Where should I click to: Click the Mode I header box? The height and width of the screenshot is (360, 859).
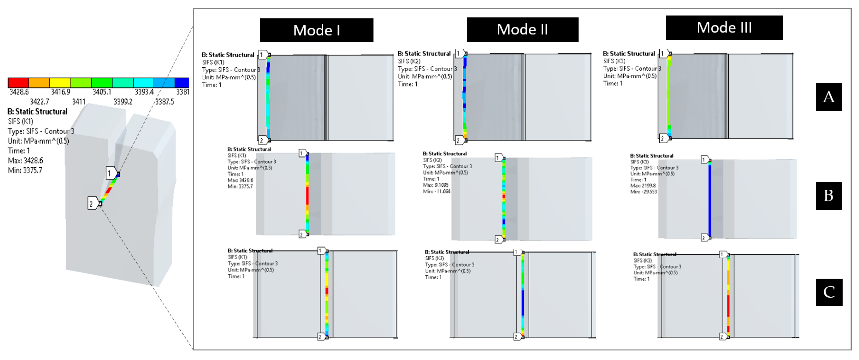316,30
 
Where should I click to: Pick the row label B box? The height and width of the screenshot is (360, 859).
828,196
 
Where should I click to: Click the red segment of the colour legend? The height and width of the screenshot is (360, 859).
18,82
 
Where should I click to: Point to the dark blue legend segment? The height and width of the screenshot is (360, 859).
182,82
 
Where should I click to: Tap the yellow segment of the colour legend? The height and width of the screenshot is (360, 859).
60,82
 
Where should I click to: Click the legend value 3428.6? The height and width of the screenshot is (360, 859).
19,92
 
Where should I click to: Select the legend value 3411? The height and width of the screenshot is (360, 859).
79,101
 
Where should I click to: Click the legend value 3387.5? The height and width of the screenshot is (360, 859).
164,101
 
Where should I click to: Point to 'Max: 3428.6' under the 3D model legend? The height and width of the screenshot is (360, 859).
25,161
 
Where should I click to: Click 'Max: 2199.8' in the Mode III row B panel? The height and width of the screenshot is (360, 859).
643,185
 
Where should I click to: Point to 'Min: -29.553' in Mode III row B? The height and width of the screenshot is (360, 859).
643,192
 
